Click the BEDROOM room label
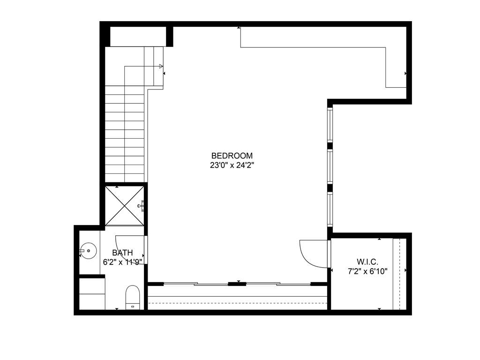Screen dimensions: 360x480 [x=232, y=156]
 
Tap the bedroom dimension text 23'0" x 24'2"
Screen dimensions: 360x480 [x=232, y=165]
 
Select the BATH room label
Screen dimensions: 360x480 [x=122, y=253]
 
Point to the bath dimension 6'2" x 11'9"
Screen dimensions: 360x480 [x=122, y=262]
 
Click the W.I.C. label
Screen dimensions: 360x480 [x=367, y=262]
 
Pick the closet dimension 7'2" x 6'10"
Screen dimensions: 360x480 [x=367, y=271]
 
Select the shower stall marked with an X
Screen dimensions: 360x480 [x=124, y=206]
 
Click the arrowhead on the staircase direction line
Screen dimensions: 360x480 [x=161, y=66]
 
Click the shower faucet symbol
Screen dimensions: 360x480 [x=141, y=205]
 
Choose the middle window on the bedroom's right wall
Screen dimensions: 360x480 [x=330, y=166]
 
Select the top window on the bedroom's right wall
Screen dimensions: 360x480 [x=330, y=125]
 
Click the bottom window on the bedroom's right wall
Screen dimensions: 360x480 [x=330, y=210]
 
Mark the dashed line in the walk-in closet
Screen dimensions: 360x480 [x=399, y=274]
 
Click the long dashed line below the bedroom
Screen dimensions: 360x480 [x=237, y=303]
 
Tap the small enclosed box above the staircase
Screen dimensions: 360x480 [x=138, y=36]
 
